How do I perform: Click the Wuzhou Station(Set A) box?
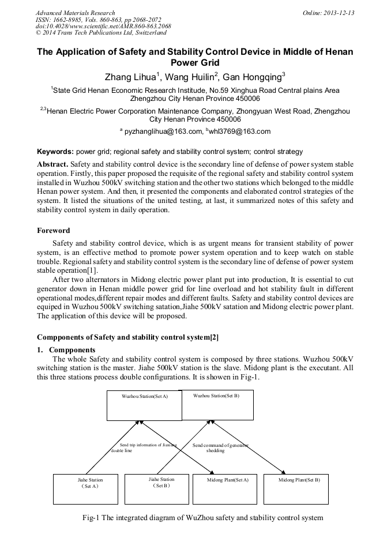(x=144, y=405)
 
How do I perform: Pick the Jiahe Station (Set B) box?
(x=161, y=488)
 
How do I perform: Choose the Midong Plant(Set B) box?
(x=299, y=489)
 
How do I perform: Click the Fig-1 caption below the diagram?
(x=203, y=517)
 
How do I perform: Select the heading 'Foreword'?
(x=54, y=231)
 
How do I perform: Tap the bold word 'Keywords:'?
(x=55, y=152)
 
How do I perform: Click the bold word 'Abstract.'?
(x=52, y=164)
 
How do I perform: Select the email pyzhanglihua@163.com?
(x=160, y=131)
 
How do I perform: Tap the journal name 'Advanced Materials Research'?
(x=75, y=13)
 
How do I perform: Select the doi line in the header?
(x=103, y=27)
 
